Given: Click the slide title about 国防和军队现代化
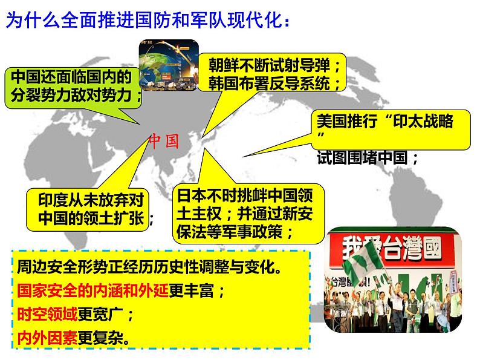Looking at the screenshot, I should coord(148,22).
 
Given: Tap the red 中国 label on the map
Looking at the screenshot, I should coord(165,141).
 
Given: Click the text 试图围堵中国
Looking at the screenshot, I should coord(368,158).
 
